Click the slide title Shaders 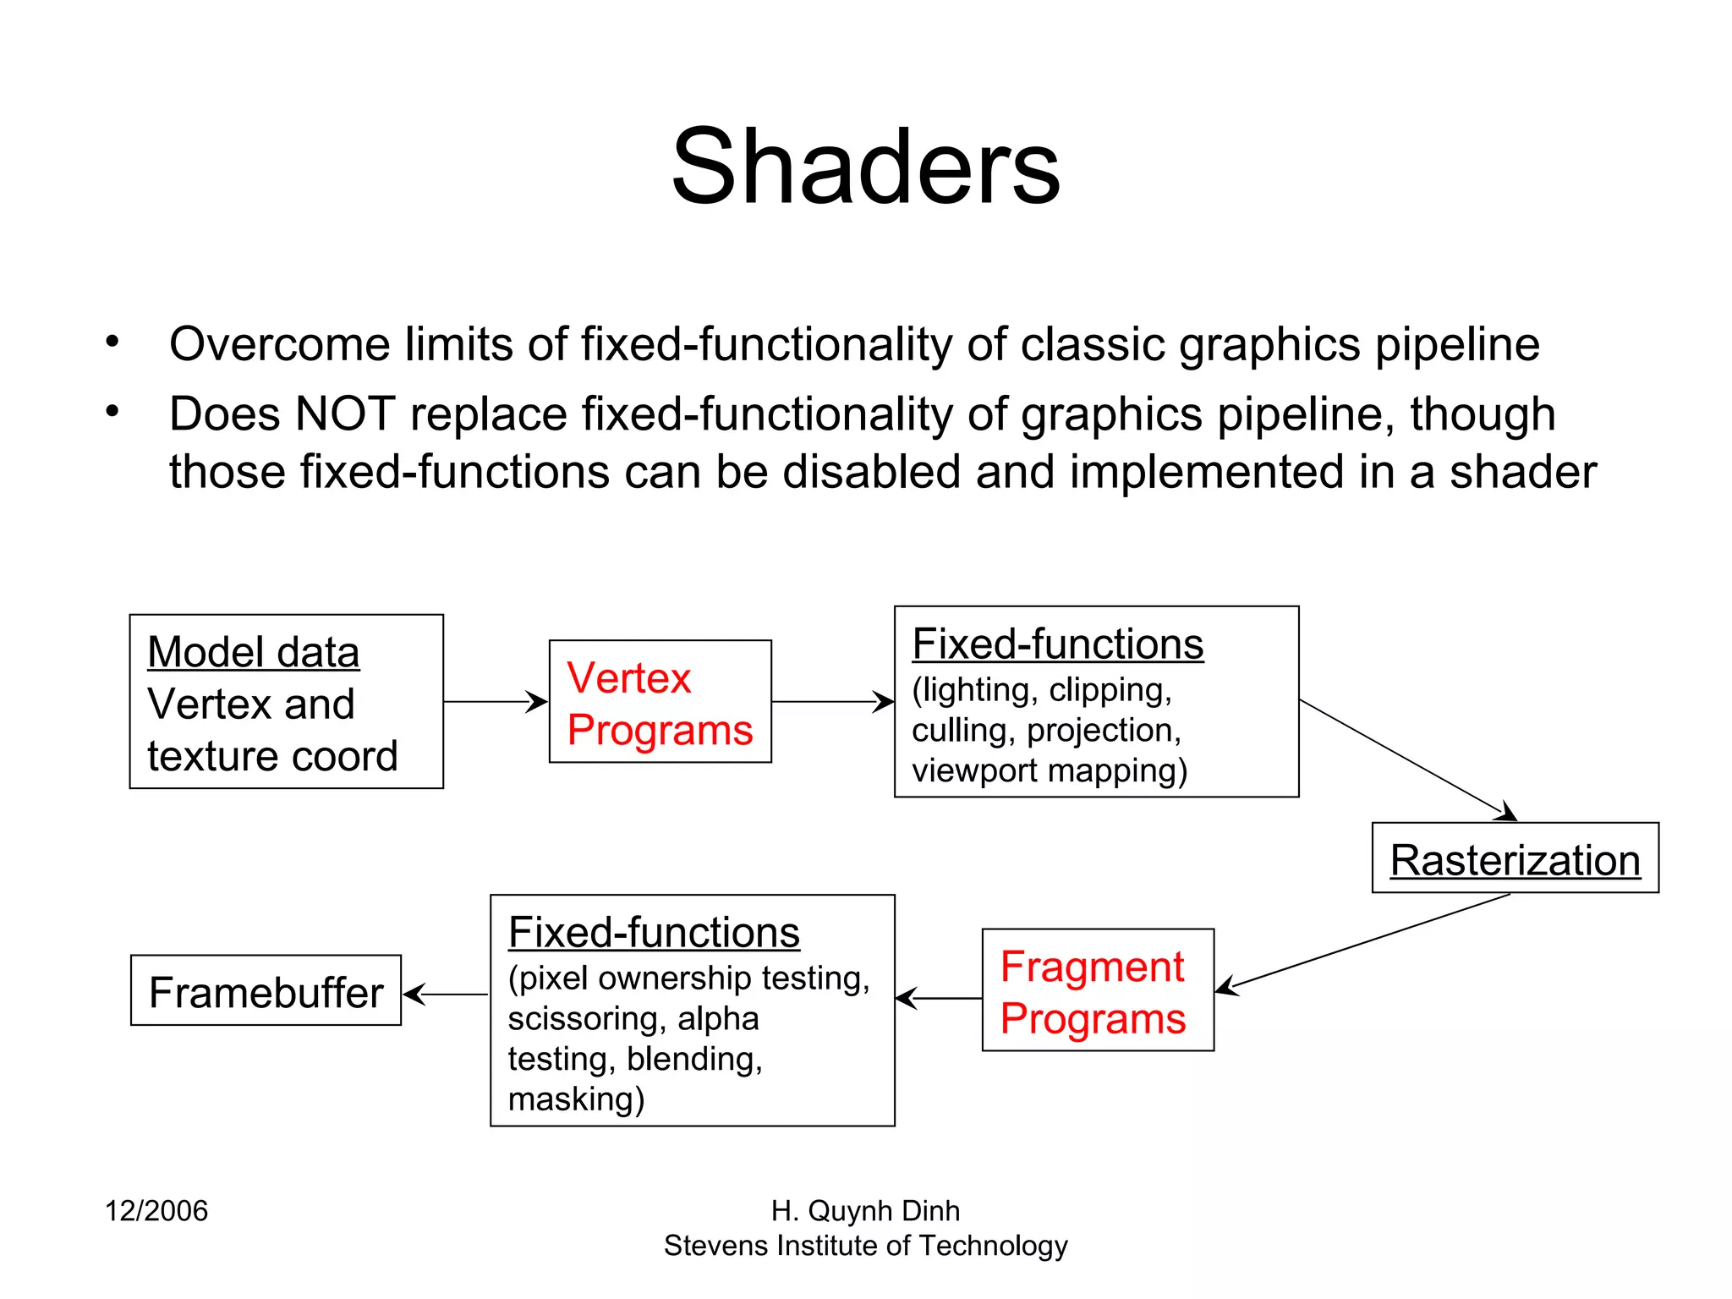pyautogui.click(x=865, y=167)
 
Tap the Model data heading pyautogui.click(x=253, y=652)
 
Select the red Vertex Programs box pyautogui.click(x=660, y=702)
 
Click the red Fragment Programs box pyautogui.click(x=1097, y=990)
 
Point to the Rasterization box pyautogui.click(x=1515, y=858)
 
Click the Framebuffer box pyautogui.click(x=266, y=991)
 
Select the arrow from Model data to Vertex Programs pyautogui.click(x=495, y=701)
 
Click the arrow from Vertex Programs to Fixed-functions pyautogui.click(x=832, y=701)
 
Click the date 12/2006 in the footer pyautogui.click(x=156, y=1211)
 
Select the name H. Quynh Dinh pyautogui.click(x=865, y=1211)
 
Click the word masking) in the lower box pyautogui.click(x=576, y=1099)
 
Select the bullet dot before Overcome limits pyautogui.click(x=112, y=343)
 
